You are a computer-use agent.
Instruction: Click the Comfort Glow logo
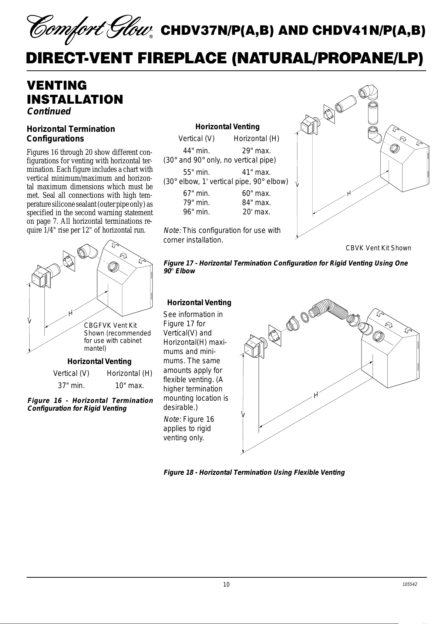tap(90, 30)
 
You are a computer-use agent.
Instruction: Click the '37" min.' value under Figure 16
tap(71, 386)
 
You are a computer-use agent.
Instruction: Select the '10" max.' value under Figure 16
tap(129, 386)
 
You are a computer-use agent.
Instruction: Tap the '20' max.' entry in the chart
tap(256, 212)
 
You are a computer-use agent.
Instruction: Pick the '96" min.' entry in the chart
tap(196, 212)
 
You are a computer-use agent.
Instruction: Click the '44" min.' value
tap(196, 151)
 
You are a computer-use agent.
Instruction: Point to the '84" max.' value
tap(256, 203)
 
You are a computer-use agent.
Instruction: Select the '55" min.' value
tap(196, 172)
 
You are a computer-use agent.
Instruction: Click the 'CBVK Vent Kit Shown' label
tap(378, 248)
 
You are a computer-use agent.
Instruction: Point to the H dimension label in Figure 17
tap(349, 193)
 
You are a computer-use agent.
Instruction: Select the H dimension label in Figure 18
tap(316, 395)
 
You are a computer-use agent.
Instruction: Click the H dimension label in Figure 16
tap(70, 313)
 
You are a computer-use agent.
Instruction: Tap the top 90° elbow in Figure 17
tap(369, 93)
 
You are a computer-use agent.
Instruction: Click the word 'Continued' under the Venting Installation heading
tap(49, 111)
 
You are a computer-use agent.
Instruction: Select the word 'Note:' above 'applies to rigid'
tap(172, 419)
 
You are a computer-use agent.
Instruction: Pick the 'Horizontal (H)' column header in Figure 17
tap(256, 139)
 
